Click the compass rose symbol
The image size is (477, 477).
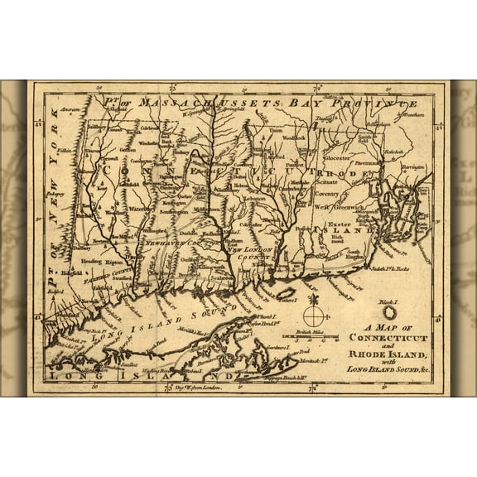tap(314, 316)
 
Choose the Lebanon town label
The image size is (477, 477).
tap(254, 200)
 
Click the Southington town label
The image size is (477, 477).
tap(178, 212)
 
